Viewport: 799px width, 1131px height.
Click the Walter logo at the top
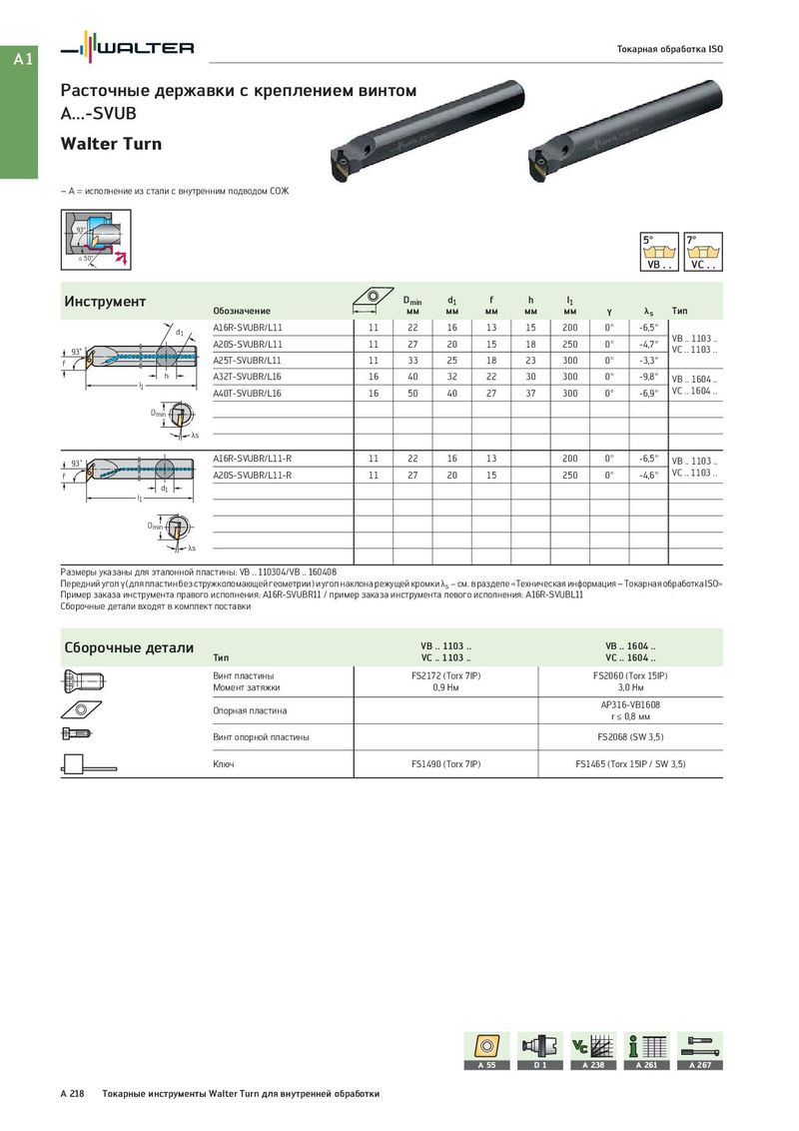click(127, 47)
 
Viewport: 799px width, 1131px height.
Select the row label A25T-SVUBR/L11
click(248, 360)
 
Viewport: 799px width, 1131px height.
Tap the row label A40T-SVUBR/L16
click(248, 394)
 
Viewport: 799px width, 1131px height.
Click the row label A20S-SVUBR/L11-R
click(253, 476)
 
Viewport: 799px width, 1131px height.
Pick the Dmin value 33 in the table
click(412, 360)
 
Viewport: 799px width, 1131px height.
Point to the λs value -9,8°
click(649, 377)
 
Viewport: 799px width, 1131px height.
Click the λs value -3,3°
click(649, 360)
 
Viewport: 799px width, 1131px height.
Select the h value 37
click(531, 394)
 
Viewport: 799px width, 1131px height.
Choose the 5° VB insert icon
click(659, 251)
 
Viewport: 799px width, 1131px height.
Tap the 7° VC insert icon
click(703, 251)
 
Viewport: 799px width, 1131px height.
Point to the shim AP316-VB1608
click(630, 705)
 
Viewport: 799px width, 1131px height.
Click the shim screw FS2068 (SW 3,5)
click(630, 737)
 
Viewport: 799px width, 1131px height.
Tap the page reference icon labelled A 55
click(486, 1050)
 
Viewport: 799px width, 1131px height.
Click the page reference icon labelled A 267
click(699, 1050)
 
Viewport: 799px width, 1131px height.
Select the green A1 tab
click(22, 60)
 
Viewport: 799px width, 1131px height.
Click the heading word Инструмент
click(105, 302)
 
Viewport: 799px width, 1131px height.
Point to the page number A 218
click(73, 1094)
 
